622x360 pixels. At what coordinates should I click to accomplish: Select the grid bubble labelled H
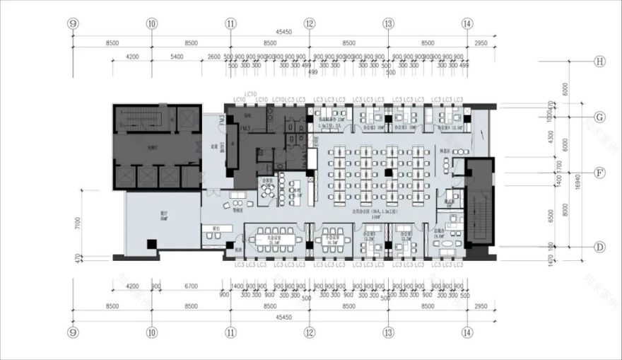coord(599,62)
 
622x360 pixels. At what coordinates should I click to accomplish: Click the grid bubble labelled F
coord(599,172)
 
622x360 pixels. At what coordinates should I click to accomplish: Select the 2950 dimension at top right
coord(481,43)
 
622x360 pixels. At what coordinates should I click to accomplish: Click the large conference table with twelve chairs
coord(274,236)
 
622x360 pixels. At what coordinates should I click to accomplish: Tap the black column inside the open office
coord(388,172)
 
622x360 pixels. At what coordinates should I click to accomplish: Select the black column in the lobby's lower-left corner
coord(151,245)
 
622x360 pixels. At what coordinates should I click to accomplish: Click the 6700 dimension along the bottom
coord(192,286)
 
